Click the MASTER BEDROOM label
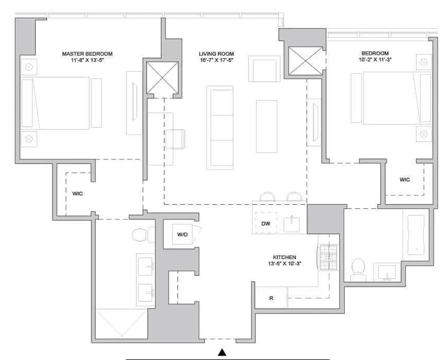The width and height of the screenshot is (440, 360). (87, 54)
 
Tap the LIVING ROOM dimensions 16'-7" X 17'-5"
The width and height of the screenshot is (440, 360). (216, 60)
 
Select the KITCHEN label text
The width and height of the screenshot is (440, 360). (284, 257)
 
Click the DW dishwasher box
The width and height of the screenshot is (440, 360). (266, 223)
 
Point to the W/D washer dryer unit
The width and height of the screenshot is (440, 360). (182, 234)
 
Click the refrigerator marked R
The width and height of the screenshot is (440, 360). (271, 298)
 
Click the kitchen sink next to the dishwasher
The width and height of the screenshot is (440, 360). (292, 224)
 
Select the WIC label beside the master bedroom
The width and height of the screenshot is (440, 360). (77, 194)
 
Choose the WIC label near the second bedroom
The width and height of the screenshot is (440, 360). (405, 180)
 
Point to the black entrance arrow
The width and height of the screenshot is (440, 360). (222, 352)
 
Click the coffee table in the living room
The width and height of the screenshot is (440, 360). (267, 126)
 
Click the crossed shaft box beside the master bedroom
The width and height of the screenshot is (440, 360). (162, 78)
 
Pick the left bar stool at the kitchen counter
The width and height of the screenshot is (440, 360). (267, 197)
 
